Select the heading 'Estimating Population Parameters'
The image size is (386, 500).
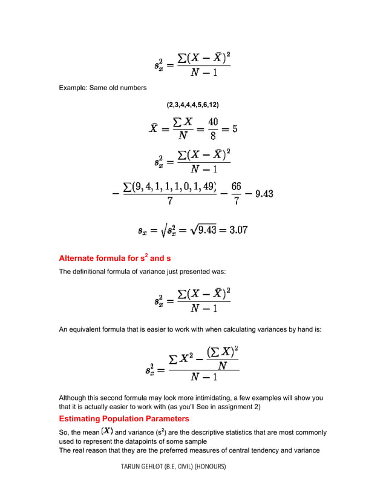point(123,418)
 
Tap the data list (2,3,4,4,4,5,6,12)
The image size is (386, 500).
point(192,105)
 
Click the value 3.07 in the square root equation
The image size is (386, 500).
point(237,230)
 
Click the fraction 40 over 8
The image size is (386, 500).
point(214,128)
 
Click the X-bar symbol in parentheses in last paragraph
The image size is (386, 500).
point(106,431)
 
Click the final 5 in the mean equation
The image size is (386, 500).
point(234,128)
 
